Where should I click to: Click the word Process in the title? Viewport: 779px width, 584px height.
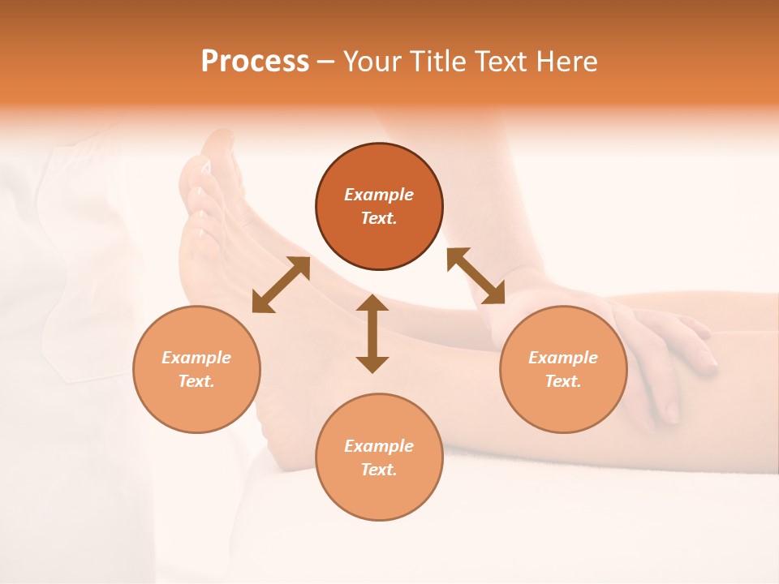coord(255,62)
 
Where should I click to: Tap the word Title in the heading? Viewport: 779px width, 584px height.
coord(441,62)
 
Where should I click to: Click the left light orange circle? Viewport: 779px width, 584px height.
coord(196,369)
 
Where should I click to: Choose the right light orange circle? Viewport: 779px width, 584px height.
coord(563,369)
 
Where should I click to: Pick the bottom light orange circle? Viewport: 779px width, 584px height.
coord(379,457)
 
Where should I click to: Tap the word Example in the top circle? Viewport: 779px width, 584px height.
coord(379,195)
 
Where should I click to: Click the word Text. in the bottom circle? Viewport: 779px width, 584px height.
coord(379,470)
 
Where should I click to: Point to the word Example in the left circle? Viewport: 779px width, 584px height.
coord(196,358)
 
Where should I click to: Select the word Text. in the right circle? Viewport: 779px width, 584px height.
coord(563,381)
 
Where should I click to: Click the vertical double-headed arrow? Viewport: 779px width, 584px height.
coord(372,333)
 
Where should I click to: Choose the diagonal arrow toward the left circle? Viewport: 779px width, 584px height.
coord(281,285)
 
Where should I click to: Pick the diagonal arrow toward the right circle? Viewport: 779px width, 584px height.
coord(476,276)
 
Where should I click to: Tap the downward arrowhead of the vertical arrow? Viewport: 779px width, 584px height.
coord(372,363)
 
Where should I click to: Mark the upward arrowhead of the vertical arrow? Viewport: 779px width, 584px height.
coord(372,303)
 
